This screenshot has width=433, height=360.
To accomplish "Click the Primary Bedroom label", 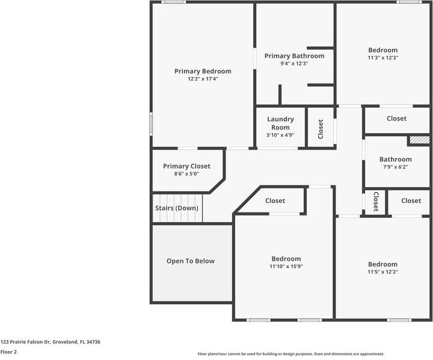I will tap(203, 71).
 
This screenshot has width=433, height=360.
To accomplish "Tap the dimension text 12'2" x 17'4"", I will tap(203, 79).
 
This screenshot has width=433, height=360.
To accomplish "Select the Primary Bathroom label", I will tap(294, 56).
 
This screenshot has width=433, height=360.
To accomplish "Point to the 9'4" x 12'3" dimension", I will tap(294, 63).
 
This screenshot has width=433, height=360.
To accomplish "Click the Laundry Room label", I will tap(280, 123).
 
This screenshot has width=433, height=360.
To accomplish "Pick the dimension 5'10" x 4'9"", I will tap(280, 135).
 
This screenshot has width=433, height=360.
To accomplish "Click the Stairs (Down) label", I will tap(177, 208).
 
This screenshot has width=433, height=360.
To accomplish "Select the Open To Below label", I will tap(191, 261).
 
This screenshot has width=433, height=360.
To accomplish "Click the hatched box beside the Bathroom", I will tap(419, 140).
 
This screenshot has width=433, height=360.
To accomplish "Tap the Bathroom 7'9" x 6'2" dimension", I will tap(395, 167).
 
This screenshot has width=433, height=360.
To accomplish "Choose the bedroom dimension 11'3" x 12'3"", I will tap(383, 58).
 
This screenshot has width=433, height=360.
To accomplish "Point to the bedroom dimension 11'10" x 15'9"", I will tap(286, 266).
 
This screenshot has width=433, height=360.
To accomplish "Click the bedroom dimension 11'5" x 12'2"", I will tap(383, 272).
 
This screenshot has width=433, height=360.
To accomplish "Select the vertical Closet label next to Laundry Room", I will tap(321, 128).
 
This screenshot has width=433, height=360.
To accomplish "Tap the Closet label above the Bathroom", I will tap(396, 119).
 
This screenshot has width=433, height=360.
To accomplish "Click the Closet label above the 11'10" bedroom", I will tap(275, 201).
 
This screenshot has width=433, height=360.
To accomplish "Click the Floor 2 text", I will tap(8, 352).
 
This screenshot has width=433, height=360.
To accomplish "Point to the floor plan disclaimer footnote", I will tap(291, 354).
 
